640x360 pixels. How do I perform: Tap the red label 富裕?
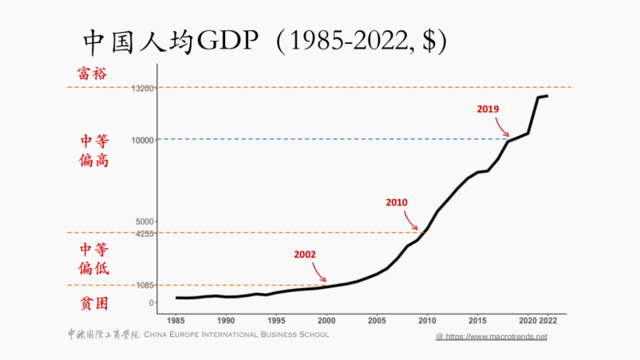pyautogui.click(x=93, y=73)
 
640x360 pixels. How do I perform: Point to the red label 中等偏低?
pyautogui.click(x=94, y=258)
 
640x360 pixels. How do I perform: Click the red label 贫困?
pyautogui.click(x=93, y=303)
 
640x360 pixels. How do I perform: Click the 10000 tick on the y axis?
pyautogui.click(x=142, y=140)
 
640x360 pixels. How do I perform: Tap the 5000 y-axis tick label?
pyautogui.click(x=144, y=221)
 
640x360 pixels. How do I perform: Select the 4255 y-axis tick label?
pyautogui.click(x=144, y=233)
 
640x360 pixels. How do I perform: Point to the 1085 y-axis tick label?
pyautogui.click(x=144, y=285)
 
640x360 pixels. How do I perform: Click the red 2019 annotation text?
pyautogui.click(x=488, y=109)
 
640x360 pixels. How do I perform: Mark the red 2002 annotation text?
pyautogui.click(x=305, y=255)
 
